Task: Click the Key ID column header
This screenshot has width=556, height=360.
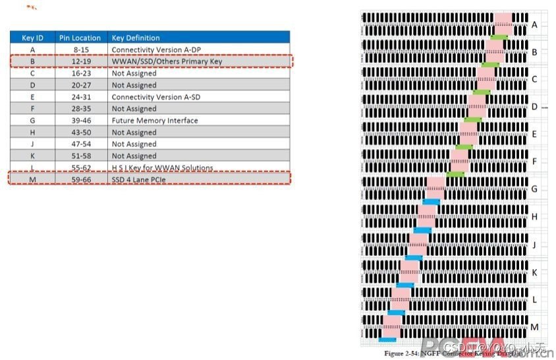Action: pyautogui.click(x=32, y=38)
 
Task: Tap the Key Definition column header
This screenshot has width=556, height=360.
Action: pyautogui.click(x=136, y=38)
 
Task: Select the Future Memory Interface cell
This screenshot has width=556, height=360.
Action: pyautogui.click(x=154, y=121)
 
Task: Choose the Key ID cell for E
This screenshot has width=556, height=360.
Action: pyautogui.click(x=32, y=97)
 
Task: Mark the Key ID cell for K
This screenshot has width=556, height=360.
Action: pyautogui.click(x=32, y=156)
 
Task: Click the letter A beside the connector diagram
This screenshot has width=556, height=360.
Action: pyautogui.click(x=534, y=25)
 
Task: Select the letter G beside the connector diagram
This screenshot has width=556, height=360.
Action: pyautogui.click(x=534, y=189)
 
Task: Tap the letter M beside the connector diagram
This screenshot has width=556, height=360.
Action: pyautogui.click(x=534, y=327)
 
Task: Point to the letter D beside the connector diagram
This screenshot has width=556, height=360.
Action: pyautogui.click(x=534, y=107)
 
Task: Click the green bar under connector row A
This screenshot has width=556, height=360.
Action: pyautogui.click(x=499, y=37)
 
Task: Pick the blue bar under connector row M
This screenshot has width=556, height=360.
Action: pyautogui.click(x=388, y=340)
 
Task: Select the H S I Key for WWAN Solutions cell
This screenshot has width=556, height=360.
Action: pyautogui.click(x=162, y=167)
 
